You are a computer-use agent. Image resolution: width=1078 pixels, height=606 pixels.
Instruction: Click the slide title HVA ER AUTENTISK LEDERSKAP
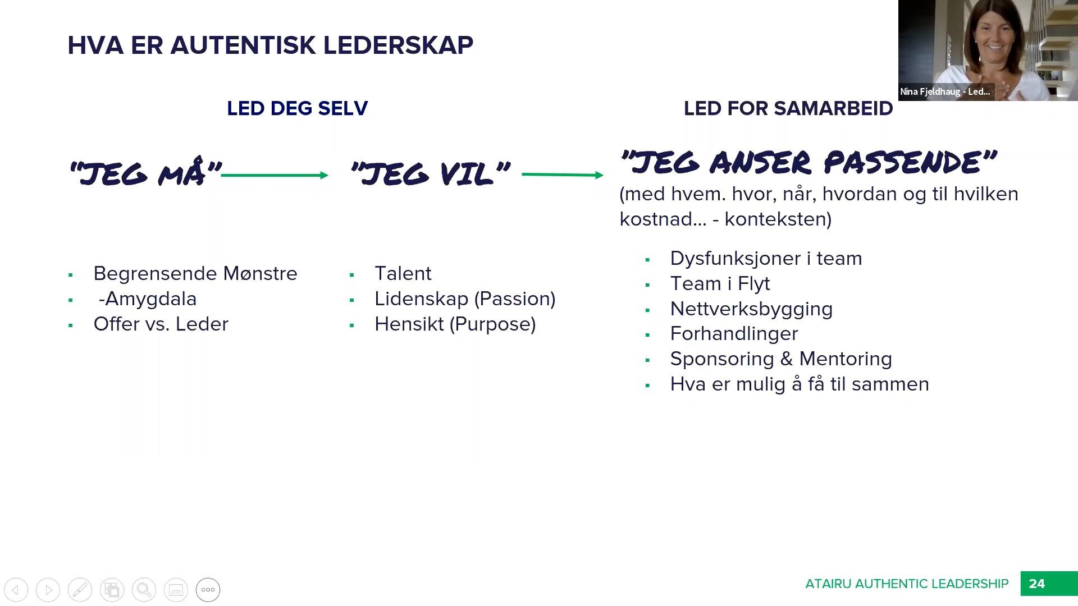tap(270, 45)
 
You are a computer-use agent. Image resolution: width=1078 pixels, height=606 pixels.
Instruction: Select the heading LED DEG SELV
tap(297, 108)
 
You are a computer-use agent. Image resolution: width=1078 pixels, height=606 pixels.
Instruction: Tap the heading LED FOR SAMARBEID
tap(788, 108)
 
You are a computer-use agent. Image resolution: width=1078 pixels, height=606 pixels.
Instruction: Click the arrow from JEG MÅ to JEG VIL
tap(275, 176)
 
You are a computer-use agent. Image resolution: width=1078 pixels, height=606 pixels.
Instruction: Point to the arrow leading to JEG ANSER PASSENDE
tap(562, 175)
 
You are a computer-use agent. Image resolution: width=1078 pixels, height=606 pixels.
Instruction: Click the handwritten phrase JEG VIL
tap(430, 174)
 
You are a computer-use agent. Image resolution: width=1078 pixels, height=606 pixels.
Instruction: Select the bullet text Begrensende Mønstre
tap(195, 273)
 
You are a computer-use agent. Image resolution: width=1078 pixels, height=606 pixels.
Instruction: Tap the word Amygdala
tap(150, 299)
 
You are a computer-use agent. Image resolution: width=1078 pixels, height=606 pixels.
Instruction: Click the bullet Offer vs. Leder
tap(161, 324)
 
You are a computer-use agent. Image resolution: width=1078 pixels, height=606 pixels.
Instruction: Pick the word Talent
tap(403, 273)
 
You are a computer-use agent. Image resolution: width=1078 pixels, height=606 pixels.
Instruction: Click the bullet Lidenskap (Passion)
tap(464, 299)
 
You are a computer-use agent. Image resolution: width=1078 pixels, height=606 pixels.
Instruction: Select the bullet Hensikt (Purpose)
tap(455, 324)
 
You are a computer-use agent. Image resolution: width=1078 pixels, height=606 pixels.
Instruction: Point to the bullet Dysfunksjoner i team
tap(765, 258)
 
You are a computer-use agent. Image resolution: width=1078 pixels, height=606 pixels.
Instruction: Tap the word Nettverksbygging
tap(751, 309)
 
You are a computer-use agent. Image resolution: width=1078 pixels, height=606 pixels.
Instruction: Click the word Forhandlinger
tap(733, 333)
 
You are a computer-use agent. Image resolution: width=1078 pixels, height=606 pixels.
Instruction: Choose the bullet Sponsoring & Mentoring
tap(780, 359)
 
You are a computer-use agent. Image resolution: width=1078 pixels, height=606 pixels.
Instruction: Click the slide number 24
tap(1036, 584)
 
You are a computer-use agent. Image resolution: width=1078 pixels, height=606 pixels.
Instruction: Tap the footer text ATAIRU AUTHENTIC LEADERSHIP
tap(906, 584)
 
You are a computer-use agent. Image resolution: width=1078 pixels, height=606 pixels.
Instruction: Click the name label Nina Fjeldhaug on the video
tap(944, 91)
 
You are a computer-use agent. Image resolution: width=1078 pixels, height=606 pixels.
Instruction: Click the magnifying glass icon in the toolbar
tap(144, 590)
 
